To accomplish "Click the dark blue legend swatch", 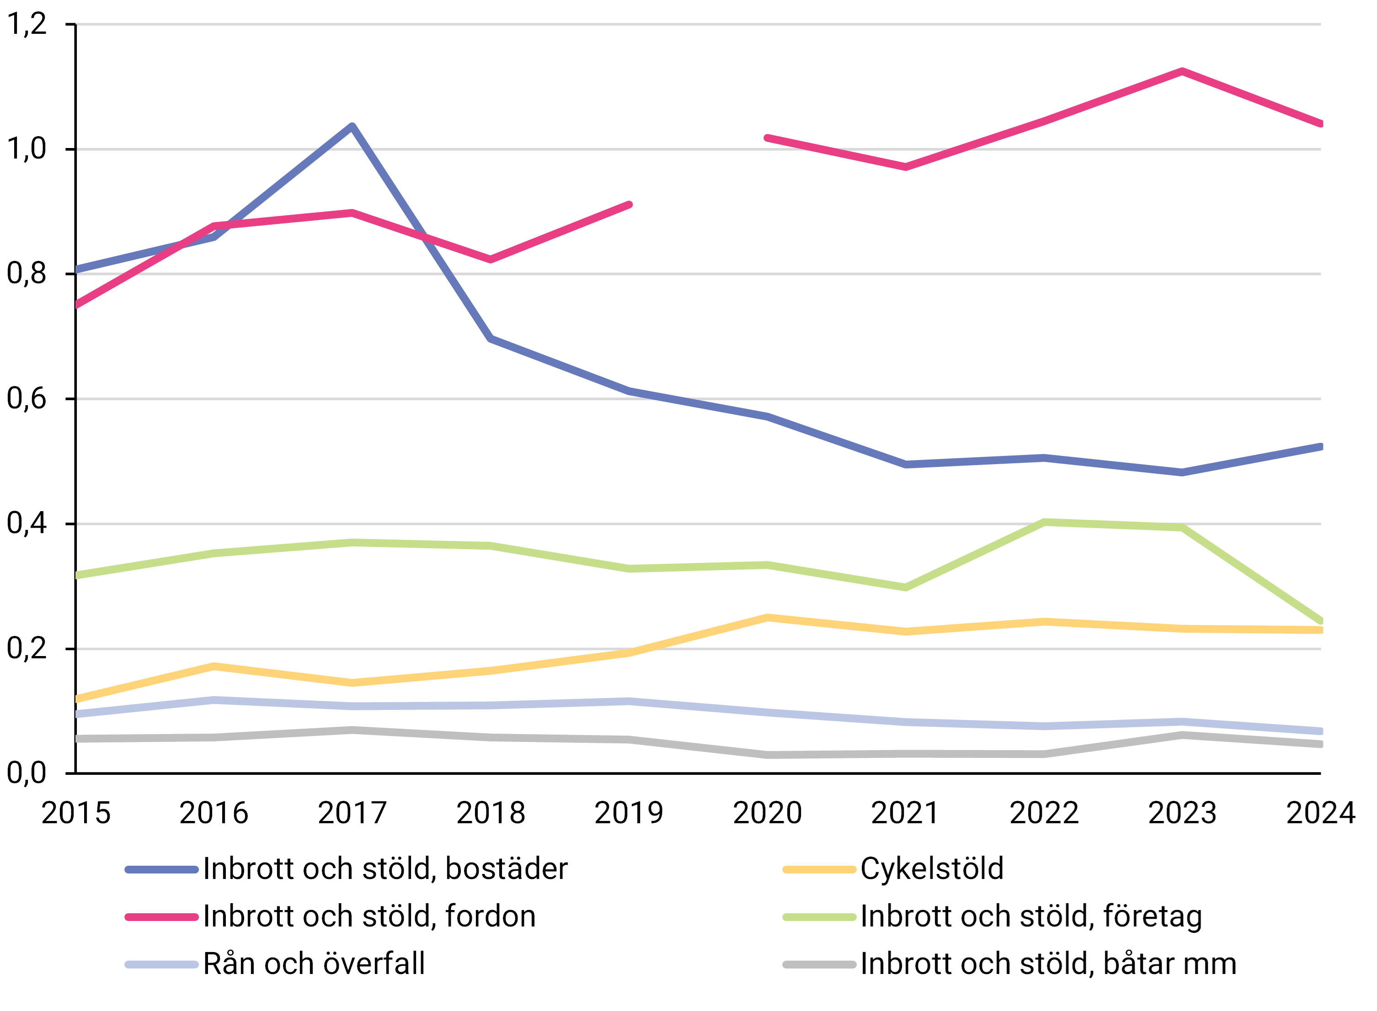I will coord(162,870).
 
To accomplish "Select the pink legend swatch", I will coord(162,917).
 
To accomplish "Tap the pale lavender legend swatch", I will coord(162,964).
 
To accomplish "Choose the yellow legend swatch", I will coord(819,870).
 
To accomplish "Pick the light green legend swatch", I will coord(819,917).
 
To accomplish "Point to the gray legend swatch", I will coord(819,964).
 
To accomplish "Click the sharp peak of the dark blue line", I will coord(352,126).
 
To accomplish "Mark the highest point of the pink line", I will coord(1182,72).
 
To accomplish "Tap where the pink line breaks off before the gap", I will coord(630,204).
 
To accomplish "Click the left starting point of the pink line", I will coord(78,304).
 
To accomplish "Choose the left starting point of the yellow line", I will coord(78,699).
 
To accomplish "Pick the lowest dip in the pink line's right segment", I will coord(906,166).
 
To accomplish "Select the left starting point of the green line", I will coord(78,575).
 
